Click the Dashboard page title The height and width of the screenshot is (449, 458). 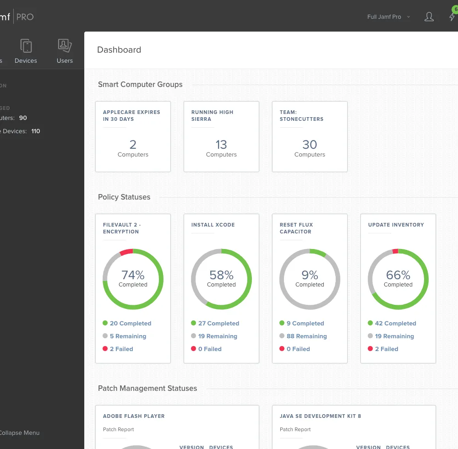coord(119,50)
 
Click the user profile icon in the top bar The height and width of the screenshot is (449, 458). coord(429,17)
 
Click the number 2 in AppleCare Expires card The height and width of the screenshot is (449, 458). coord(133,145)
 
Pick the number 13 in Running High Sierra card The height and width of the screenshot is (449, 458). coord(221,145)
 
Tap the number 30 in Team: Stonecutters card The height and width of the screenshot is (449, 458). coord(310,145)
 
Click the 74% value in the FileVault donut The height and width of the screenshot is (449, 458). coord(133,275)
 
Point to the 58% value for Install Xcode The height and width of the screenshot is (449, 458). coord(221,275)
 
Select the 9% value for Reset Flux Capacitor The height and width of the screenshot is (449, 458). coord(310,275)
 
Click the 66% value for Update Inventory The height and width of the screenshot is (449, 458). coord(398,275)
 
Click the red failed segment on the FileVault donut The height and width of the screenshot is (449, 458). coord(126,252)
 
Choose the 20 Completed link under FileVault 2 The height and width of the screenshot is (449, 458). coord(130,323)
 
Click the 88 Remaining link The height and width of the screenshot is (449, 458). coord(306,336)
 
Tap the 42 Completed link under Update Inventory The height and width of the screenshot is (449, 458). coord(395,323)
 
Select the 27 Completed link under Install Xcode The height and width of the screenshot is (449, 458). coord(218,323)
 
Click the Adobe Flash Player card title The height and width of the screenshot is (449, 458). coord(134,416)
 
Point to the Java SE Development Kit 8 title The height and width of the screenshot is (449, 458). coord(320,416)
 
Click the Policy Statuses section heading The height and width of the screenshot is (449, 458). coord(124,197)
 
